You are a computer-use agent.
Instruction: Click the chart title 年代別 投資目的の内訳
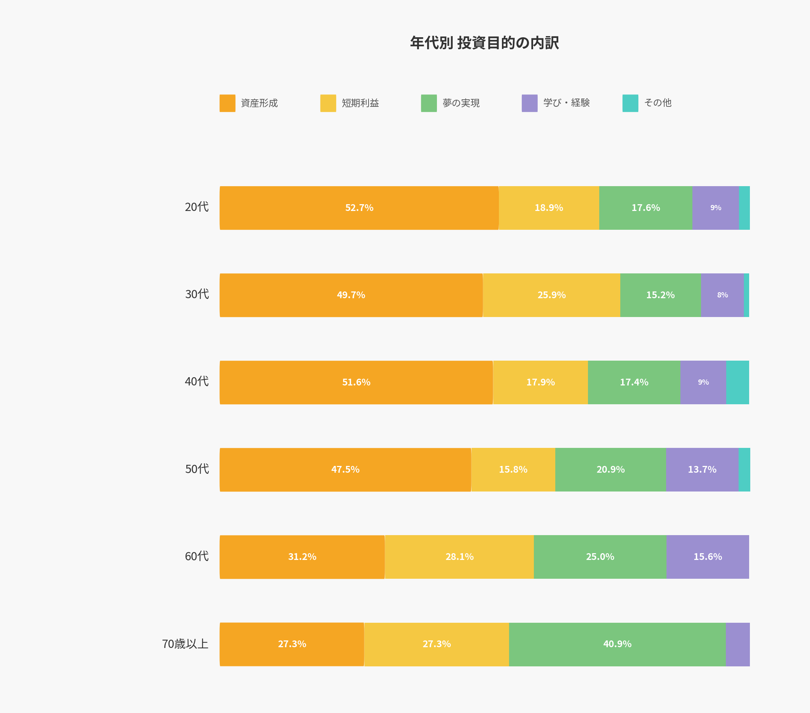click(484, 43)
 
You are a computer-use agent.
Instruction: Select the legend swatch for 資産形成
click(227, 103)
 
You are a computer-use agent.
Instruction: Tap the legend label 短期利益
click(360, 103)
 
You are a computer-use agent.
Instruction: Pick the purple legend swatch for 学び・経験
click(529, 103)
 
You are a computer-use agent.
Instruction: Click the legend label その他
click(657, 103)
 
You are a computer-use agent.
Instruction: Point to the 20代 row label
click(196, 207)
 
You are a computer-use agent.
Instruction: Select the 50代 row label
click(197, 469)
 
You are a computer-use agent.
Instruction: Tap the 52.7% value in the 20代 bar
click(359, 208)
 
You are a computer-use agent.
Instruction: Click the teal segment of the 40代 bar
click(737, 382)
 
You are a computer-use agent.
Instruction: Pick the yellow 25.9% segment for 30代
click(551, 295)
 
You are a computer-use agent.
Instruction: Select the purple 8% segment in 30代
click(722, 295)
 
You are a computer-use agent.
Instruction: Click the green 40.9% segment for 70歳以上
click(617, 644)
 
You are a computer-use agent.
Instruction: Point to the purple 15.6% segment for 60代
click(707, 557)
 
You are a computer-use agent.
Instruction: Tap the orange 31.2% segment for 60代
click(302, 557)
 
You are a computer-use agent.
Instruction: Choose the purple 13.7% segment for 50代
click(702, 470)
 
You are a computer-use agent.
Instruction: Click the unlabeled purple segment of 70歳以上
click(737, 644)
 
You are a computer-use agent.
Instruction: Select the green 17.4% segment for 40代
click(634, 382)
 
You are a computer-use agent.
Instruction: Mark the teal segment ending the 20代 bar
click(744, 208)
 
